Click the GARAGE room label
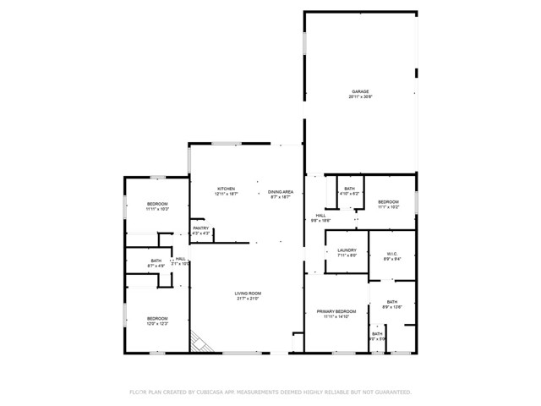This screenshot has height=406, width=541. (x=360, y=91)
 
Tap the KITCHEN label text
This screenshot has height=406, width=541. (x=226, y=189)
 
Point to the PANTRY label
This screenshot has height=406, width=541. (x=200, y=228)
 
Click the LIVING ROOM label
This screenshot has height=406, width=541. (x=247, y=293)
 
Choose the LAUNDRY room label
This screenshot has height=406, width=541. (x=347, y=250)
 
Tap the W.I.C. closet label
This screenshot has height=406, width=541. (x=392, y=254)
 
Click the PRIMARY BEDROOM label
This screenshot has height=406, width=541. (x=336, y=311)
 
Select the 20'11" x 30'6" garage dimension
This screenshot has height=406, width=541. (x=360, y=97)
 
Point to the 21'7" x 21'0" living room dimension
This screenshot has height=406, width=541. (x=247, y=299)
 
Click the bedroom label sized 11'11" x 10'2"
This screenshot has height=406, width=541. (x=157, y=204)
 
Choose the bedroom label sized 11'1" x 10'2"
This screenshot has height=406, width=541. (x=388, y=201)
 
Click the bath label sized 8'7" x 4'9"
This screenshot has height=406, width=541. (x=156, y=261)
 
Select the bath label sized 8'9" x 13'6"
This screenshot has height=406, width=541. (x=392, y=302)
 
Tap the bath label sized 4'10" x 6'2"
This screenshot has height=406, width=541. (x=350, y=189)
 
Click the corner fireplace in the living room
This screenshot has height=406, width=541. (x=199, y=341)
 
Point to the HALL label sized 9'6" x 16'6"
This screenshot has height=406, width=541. (x=321, y=215)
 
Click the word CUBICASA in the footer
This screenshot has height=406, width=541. (x=214, y=392)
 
